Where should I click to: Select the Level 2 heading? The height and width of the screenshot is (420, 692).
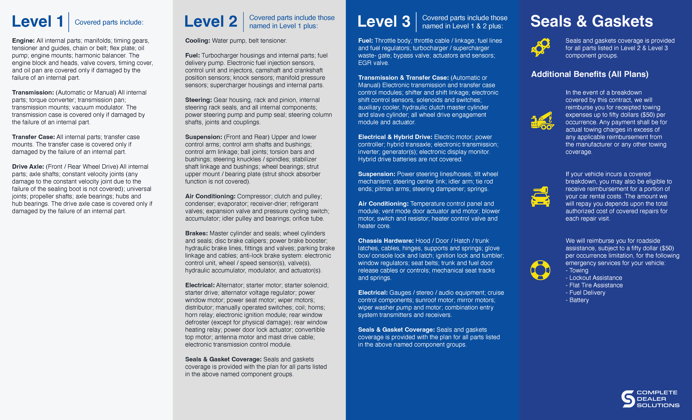pyautogui.click(x=211, y=22)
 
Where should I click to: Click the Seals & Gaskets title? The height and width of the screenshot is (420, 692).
pyautogui.click(x=591, y=21)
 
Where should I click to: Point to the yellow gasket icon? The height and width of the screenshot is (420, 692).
pyautogui.click(x=540, y=47)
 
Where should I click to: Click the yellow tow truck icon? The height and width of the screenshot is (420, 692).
pyautogui.click(x=542, y=121)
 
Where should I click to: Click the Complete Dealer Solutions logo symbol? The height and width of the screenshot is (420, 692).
pyautogui.click(x=628, y=399)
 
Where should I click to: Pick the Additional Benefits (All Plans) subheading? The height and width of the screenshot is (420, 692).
pyautogui.click(x=590, y=74)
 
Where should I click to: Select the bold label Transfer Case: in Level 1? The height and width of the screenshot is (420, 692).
pyautogui.click(x=33, y=137)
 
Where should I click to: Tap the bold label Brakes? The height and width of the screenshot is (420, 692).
pyautogui.click(x=196, y=233)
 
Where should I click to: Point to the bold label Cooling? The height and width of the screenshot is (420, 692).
pyautogui.click(x=197, y=41)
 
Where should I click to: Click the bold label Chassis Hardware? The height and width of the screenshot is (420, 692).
pyautogui.click(x=386, y=241)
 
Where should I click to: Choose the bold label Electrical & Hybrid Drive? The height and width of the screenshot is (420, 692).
pyautogui.click(x=395, y=137)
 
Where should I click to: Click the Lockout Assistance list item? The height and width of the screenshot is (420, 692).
pyautogui.click(x=595, y=278)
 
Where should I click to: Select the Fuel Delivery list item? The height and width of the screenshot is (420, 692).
pyautogui.click(x=587, y=293)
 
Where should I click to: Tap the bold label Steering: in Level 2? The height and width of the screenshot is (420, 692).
pyautogui.click(x=198, y=100)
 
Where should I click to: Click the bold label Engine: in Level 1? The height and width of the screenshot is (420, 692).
pyautogui.click(x=23, y=41)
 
